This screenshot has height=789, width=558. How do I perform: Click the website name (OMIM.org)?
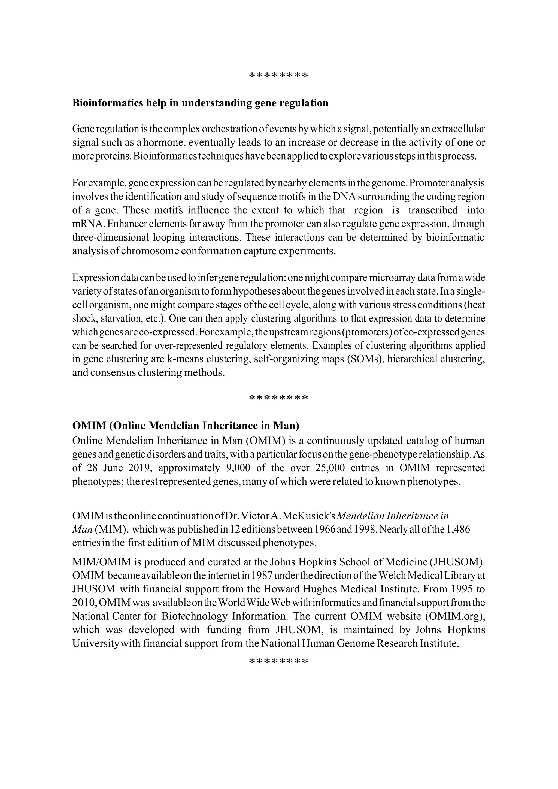(x=455, y=616)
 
